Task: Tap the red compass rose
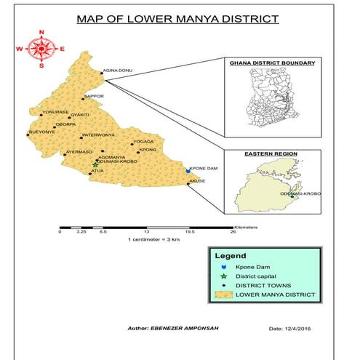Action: pos(41,49)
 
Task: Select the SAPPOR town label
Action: pos(95,96)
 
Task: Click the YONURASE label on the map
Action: pos(56,112)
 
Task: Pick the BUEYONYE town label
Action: pos(41,132)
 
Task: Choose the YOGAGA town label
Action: pos(144,143)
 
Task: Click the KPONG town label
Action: pos(148,150)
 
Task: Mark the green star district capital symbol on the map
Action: pos(95,166)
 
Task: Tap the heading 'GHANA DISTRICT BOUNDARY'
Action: pos(272,63)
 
